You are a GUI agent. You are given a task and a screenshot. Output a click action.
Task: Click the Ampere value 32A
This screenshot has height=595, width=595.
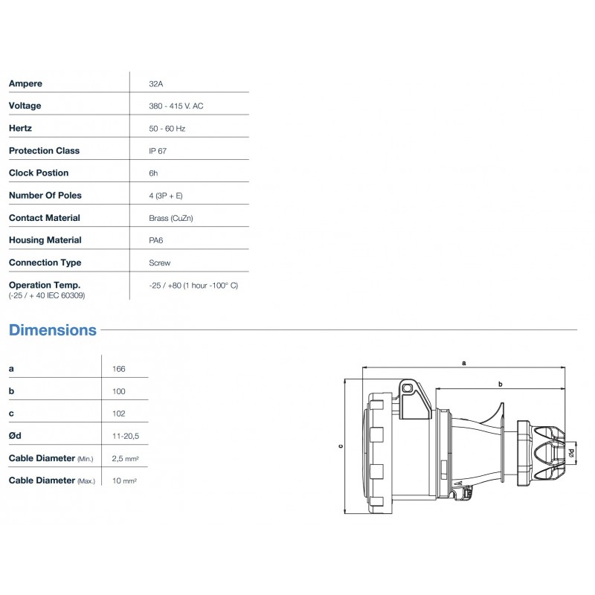point(156,83)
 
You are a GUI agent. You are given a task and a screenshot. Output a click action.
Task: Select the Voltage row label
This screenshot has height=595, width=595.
point(25,106)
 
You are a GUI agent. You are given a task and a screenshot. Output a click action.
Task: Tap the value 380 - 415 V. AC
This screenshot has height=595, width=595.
point(176,106)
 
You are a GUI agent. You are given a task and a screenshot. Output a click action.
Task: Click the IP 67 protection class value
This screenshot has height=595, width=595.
point(158,150)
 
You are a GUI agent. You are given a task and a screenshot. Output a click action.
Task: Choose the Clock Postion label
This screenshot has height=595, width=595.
point(38,173)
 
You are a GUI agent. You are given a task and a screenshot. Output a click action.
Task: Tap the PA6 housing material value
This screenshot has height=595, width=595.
point(156,240)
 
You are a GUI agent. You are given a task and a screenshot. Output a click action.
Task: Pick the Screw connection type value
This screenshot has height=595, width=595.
point(159,263)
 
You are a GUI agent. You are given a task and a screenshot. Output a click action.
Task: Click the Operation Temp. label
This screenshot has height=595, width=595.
point(44,285)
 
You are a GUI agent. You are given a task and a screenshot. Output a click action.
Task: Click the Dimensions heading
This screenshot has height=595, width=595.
point(52,329)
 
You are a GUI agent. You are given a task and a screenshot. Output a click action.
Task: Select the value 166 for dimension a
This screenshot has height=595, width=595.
point(118,369)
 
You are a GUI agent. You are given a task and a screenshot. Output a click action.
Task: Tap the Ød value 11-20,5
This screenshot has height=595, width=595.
point(125,436)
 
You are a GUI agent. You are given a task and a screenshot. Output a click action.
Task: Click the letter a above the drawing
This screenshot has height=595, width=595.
point(464,362)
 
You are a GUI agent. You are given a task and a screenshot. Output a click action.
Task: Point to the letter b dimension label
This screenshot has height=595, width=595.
point(501,384)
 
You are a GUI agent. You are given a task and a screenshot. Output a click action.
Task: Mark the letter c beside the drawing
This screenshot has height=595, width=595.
point(340,446)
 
